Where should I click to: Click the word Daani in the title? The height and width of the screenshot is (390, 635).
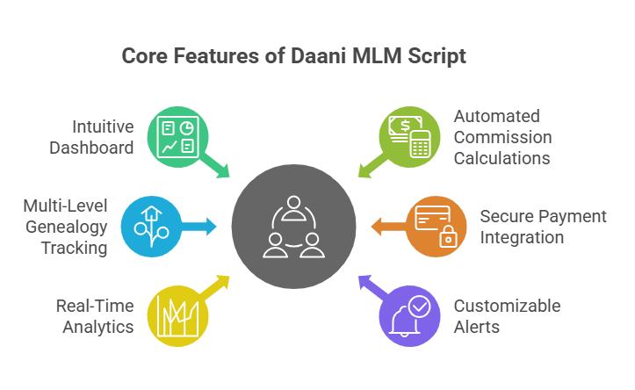tap(325, 56)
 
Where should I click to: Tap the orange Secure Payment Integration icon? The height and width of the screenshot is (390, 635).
tap(437, 227)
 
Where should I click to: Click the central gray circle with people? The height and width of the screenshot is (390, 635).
tap(293, 226)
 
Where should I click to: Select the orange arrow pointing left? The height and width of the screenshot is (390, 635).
tap(385, 227)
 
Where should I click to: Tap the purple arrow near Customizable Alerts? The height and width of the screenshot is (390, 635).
tap(369, 285)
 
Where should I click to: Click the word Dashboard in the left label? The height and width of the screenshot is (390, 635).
tap(91, 148)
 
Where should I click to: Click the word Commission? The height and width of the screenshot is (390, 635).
tap(502, 137)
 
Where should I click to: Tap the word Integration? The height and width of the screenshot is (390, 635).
tap(522, 236)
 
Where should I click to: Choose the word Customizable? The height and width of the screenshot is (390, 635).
tap(506, 306)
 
